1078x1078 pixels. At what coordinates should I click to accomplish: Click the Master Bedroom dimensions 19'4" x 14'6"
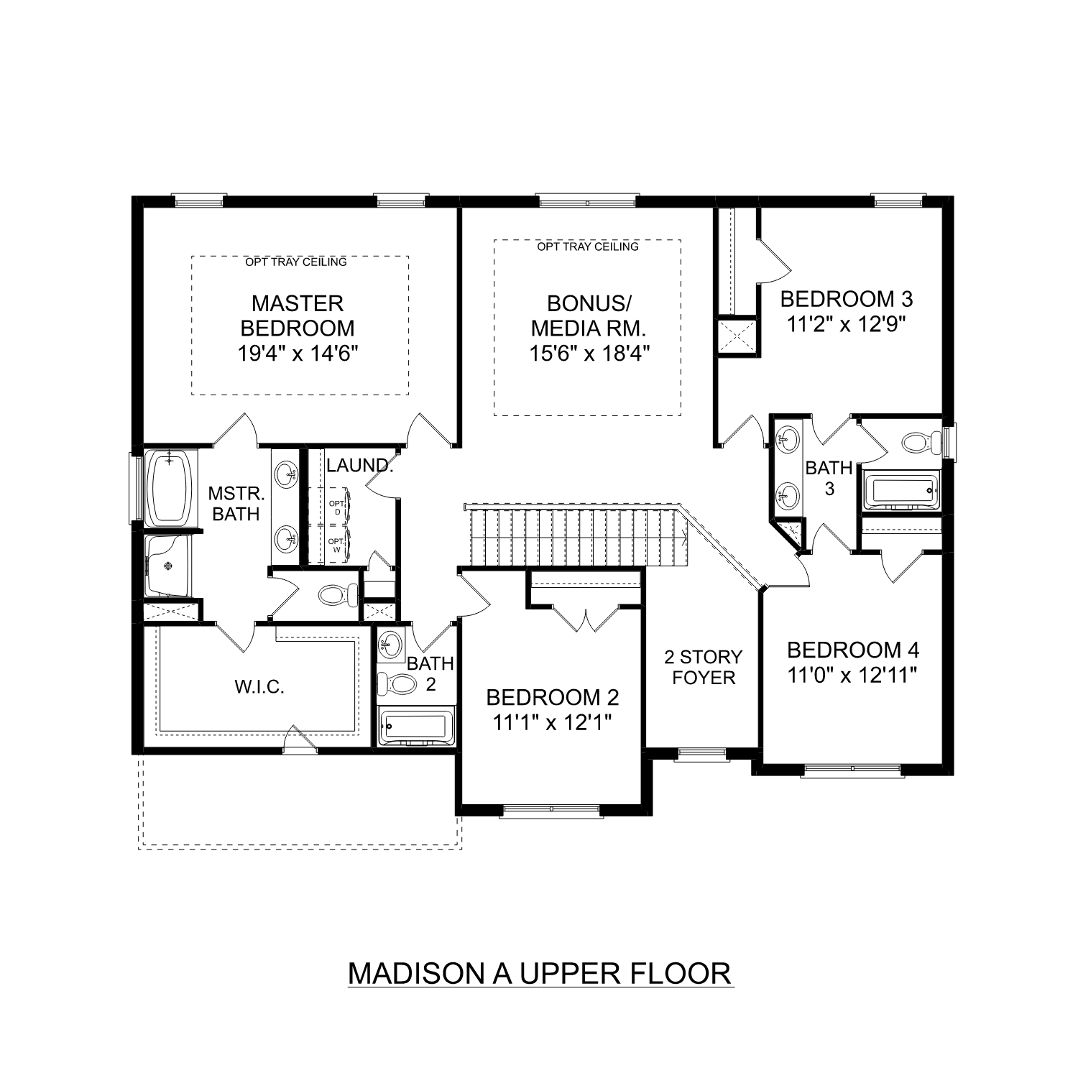[298, 353]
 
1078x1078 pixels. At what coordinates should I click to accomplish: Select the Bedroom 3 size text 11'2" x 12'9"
[845, 324]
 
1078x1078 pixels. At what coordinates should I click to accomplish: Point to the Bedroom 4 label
[852, 650]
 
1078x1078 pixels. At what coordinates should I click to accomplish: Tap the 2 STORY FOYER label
[704, 667]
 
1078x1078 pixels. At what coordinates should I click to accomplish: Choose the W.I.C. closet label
[259, 687]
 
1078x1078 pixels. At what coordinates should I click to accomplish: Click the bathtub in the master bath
[171, 487]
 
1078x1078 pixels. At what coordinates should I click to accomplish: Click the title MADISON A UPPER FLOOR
[540, 973]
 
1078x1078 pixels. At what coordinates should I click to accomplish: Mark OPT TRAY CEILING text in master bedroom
[296, 262]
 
